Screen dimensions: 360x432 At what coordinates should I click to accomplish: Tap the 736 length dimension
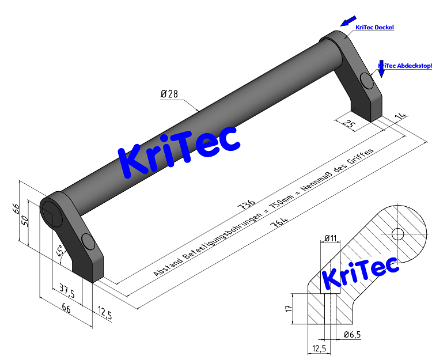[x=245, y=204]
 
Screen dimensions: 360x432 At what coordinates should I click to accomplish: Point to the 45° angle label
[x=59, y=251]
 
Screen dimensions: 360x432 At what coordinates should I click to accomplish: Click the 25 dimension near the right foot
[x=348, y=123]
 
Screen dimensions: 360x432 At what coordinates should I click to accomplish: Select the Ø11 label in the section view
[x=331, y=237]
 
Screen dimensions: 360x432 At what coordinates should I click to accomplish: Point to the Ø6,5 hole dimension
[x=353, y=335]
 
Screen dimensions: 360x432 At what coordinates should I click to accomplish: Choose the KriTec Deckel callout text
[x=374, y=27]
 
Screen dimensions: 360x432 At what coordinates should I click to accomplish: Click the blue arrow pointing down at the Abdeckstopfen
[x=381, y=70]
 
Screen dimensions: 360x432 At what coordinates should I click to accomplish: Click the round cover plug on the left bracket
[x=88, y=242]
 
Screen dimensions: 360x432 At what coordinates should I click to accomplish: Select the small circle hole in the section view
[x=397, y=234]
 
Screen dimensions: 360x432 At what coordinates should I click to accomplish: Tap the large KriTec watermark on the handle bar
[x=179, y=150]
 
